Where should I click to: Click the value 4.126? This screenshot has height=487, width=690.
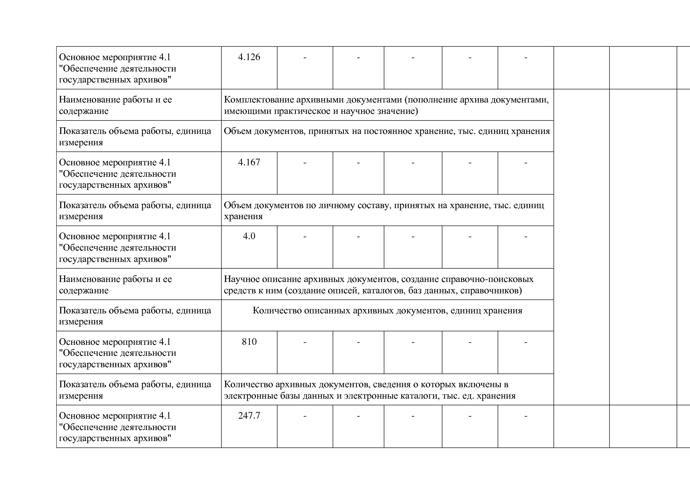pos(249,57)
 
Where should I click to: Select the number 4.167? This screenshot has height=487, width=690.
pos(249,163)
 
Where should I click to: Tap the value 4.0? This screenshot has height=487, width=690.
pos(249,236)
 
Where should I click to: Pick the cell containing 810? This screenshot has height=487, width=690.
pos(249,342)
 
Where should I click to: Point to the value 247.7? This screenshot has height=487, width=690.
pos(249,416)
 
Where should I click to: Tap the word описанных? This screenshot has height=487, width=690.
pos(325,311)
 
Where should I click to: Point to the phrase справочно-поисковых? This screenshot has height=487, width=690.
pos(487,279)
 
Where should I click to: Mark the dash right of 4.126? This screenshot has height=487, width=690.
pos(305,58)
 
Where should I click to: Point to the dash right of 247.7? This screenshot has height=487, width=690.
pos(305,416)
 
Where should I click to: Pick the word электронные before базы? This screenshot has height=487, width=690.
pos(245,396)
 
